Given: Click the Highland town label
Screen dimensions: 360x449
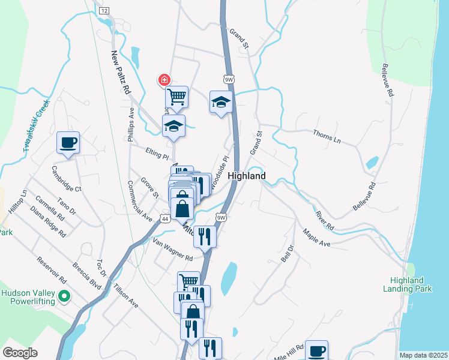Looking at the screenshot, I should [x=247, y=176].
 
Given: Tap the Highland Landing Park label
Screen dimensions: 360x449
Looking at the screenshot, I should [x=407, y=284].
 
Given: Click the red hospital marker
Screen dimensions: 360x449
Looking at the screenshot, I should [x=163, y=80].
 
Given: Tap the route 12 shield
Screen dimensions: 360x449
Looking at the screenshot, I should [x=104, y=11].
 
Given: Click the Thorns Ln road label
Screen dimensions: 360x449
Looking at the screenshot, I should [x=327, y=136].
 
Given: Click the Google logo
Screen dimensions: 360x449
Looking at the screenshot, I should [x=20, y=353].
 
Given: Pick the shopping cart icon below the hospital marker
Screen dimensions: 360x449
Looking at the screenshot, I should [x=176, y=96].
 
